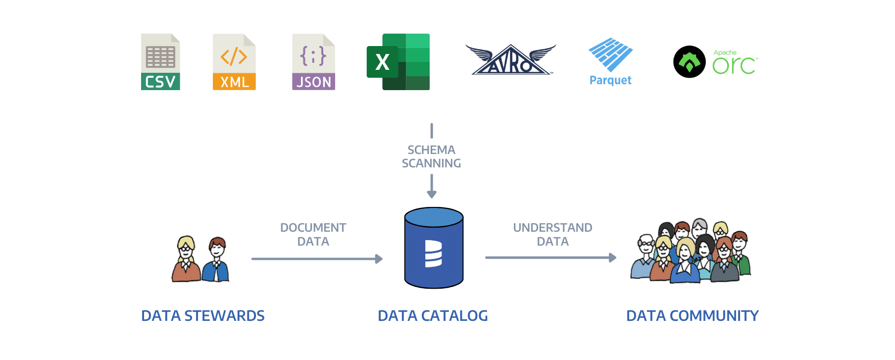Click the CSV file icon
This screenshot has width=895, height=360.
(x=160, y=62)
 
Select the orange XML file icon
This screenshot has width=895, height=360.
(x=234, y=62)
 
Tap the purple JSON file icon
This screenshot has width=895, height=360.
(x=313, y=62)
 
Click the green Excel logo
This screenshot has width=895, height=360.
(x=398, y=62)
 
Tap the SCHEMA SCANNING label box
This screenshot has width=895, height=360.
(x=431, y=156)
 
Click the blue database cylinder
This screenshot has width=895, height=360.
(x=434, y=248)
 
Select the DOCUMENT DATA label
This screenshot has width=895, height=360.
(x=313, y=234)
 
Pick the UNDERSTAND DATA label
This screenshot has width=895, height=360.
(x=552, y=234)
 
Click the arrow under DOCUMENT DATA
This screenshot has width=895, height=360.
(x=317, y=258)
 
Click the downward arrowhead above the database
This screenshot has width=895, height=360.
(x=432, y=194)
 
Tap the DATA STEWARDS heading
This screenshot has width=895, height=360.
(x=203, y=315)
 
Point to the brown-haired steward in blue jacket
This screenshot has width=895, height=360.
(x=216, y=260)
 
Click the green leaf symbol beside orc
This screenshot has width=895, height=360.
(x=689, y=62)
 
